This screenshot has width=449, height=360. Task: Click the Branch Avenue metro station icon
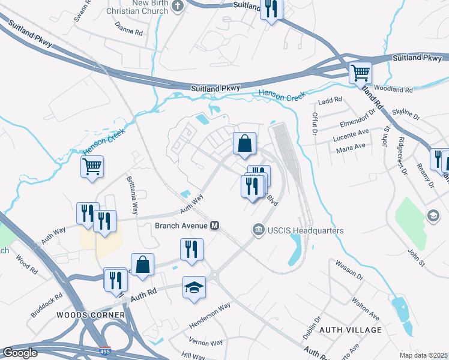214,226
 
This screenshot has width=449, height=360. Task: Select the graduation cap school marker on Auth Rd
194,287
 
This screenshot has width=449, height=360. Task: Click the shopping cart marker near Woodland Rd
361,73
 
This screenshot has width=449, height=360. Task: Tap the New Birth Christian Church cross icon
177,5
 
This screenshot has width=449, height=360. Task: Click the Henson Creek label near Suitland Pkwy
282,94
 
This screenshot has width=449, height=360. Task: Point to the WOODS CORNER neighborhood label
91,315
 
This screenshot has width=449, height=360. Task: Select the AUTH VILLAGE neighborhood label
351,330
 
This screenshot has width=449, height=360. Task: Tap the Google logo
20,352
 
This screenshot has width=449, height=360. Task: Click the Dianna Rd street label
129,29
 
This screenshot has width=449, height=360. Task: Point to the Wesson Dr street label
349,270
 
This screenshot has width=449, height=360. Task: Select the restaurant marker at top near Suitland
271,10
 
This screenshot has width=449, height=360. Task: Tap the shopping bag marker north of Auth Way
244,144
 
